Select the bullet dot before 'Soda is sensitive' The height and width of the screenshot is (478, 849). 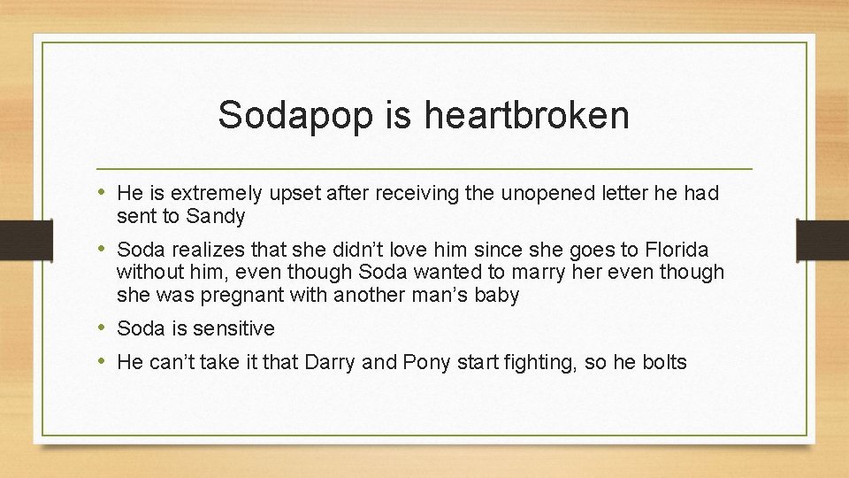103,328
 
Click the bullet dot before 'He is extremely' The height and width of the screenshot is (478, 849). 103,192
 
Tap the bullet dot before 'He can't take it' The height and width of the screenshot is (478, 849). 103,360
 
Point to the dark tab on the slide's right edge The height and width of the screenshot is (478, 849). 822,239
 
